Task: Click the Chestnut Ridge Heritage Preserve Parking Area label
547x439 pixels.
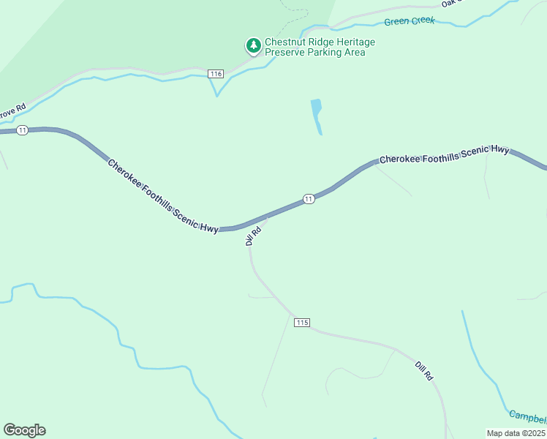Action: tap(320, 47)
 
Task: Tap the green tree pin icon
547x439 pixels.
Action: tap(254, 46)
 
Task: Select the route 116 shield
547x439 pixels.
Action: tap(215, 74)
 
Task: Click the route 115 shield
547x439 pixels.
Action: tap(303, 323)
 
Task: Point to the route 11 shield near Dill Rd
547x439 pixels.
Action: tap(309, 199)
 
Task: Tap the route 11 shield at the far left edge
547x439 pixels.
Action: tap(23, 130)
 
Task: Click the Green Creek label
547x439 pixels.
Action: tap(410, 21)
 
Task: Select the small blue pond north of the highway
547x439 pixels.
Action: tap(317, 115)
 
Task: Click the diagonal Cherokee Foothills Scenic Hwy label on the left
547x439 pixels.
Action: tap(162, 195)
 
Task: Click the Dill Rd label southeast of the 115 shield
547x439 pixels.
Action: tap(424, 370)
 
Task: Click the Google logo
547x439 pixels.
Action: tap(24, 430)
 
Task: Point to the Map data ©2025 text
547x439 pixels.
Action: tap(516, 433)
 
